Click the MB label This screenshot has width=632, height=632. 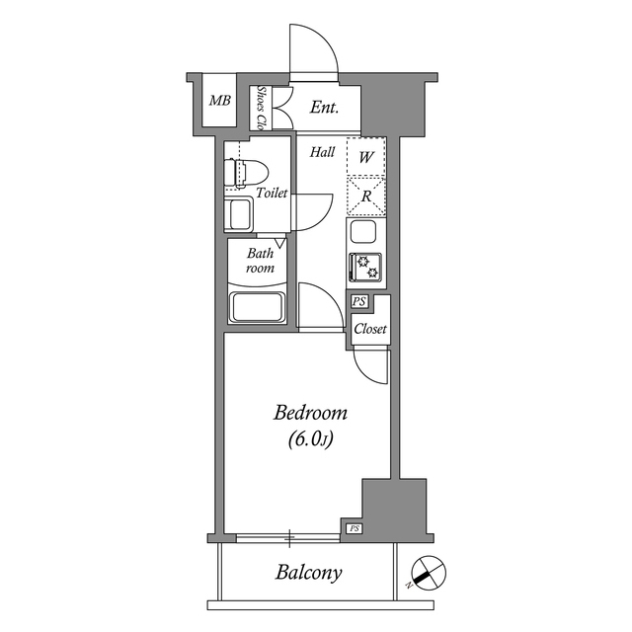[x=219, y=100]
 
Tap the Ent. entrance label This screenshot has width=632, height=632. [x=325, y=108]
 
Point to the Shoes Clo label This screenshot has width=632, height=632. [x=262, y=108]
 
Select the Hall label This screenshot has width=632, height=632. [x=322, y=153]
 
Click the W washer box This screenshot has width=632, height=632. [x=365, y=157]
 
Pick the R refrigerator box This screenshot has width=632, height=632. [x=365, y=196]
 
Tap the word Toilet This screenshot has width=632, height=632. [x=272, y=194]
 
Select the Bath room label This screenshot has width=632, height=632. [x=260, y=261]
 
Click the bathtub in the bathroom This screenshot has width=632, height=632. [x=257, y=306]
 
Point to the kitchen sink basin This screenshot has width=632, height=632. [x=362, y=235]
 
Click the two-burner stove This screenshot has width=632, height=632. [x=363, y=268]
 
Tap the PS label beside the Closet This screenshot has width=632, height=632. [x=358, y=302]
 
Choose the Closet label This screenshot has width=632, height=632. [x=370, y=329]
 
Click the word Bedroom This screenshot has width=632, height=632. [x=311, y=413]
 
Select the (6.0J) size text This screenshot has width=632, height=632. [x=310, y=440]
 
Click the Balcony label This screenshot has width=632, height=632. [x=309, y=573]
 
